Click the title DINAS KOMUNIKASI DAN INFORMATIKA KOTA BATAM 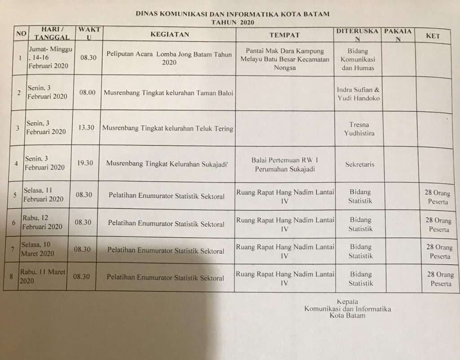coord(232,14)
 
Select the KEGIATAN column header coord(170,34)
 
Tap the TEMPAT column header coord(284,35)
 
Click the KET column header coord(433,36)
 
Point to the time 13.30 coord(86,127)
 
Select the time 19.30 coord(85,163)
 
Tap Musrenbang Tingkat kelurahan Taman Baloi coord(168,93)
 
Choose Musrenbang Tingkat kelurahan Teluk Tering coord(168,128)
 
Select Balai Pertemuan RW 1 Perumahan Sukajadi coord(285,164)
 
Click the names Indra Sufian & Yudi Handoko coord(358,94)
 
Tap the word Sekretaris coord(359,164)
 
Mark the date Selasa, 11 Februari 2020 coord(44,194)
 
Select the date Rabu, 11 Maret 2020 coord(42,276)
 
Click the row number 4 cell coord(16,164)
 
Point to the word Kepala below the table coord(347,302)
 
